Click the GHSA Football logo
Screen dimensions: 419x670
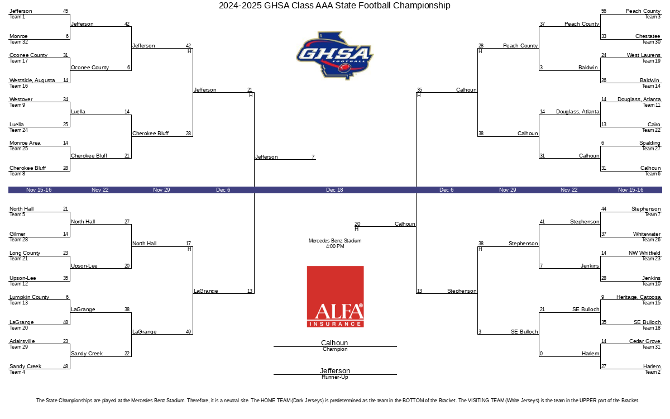point(334,55)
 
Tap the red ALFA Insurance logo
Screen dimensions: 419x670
point(335,296)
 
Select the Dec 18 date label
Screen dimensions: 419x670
point(334,190)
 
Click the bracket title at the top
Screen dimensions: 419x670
point(334,6)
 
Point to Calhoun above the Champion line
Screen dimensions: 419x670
point(334,343)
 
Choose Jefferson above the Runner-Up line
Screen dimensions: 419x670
point(335,371)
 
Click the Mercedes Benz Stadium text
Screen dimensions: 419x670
point(335,241)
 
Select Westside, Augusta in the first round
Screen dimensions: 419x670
point(32,80)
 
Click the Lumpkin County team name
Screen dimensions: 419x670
point(29,297)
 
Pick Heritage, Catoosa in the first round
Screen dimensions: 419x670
point(638,297)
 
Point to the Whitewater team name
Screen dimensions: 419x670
point(647,234)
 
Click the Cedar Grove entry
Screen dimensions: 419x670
point(645,341)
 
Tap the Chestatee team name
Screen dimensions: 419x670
point(648,36)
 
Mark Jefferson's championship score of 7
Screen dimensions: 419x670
point(313,157)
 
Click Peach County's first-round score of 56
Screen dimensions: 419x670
point(604,11)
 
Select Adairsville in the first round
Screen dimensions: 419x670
point(22,341)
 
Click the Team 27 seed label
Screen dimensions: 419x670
point(651,149)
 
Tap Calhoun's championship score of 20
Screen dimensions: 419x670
point(357,224)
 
